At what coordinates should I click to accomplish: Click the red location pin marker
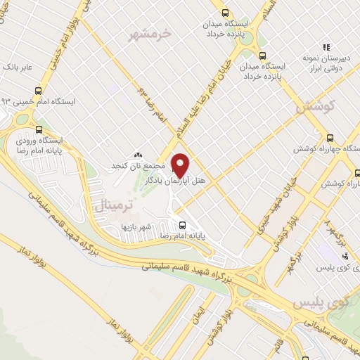[181, 165]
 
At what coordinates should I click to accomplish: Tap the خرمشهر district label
[151, 32]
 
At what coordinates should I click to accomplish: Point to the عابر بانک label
[18, 67]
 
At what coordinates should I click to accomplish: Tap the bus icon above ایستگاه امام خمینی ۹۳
[38, 90]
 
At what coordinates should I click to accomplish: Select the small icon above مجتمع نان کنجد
[138, 155]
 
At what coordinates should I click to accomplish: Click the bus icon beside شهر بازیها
[183, 226]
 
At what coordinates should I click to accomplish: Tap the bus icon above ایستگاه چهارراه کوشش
[331, 139]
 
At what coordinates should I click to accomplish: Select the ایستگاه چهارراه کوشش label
[326, 150]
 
